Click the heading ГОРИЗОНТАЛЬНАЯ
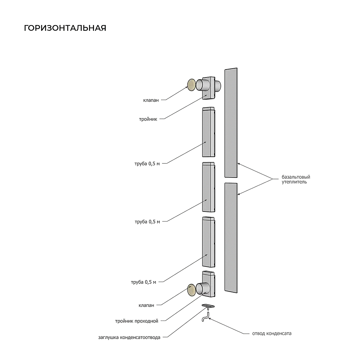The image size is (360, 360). [x=65, y=28]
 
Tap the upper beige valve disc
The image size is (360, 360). [x=191, y=85]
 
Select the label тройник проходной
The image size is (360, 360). [x=137, y=321]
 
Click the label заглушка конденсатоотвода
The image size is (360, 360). [x=129, y=337]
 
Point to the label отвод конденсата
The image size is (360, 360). [x=272, y=333]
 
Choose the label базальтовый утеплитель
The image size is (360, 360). [x=296, y=179]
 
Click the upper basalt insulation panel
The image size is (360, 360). [x=231, y=122]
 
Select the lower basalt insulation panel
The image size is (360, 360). [x=231, y=238]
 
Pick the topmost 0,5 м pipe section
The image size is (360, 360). [x=209, y=132]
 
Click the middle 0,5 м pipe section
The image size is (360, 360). [x=209, y=187]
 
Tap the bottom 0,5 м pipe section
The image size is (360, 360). [x=209, y=242]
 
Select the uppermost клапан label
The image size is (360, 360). [x=151, y=100]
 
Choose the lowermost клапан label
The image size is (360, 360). [x=146, y=306]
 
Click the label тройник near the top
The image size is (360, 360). [x=148, y=119]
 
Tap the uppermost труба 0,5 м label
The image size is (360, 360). [x=147, y=164]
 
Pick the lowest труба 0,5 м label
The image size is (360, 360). [x=144, y=282]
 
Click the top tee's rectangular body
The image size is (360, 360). [x=208, y=88]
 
